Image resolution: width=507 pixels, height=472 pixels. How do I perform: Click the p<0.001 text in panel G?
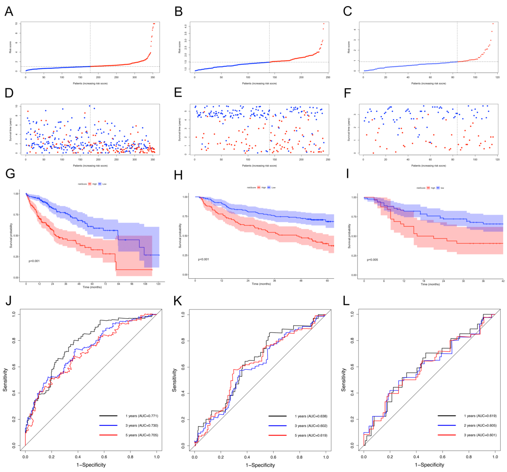click(34, 261)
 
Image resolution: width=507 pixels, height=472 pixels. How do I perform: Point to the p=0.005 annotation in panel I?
click(372, 260)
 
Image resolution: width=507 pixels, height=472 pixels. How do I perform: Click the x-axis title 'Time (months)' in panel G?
click(92, 287)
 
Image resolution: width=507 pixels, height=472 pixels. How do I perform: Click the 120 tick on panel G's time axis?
click(158, 284)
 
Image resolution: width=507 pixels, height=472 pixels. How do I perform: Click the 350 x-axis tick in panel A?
click(153, 77)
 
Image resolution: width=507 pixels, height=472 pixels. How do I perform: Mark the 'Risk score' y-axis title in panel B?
click(180, 47)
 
